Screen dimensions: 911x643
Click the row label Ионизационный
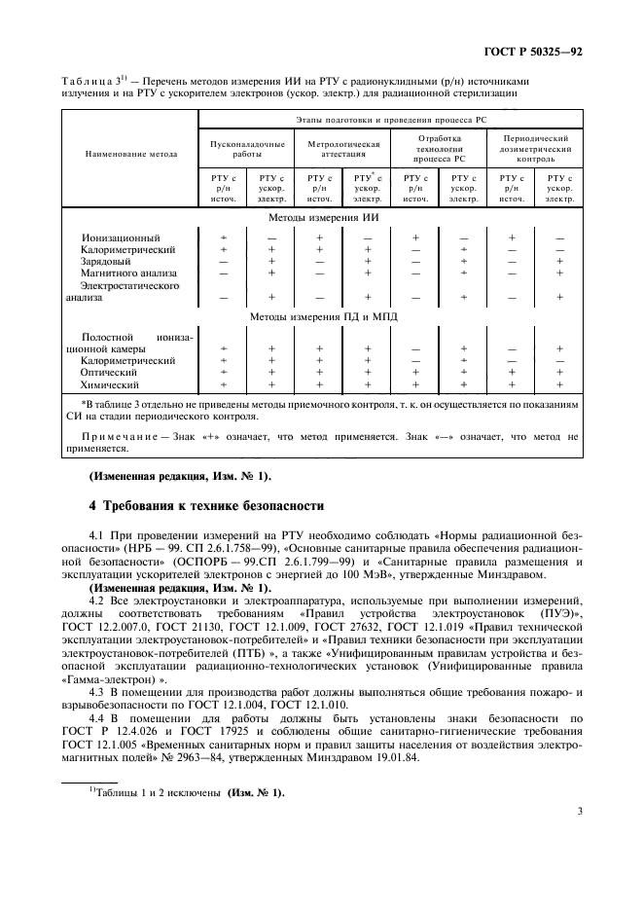120,237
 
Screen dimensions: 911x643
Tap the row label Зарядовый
108,261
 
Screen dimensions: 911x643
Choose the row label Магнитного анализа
128,273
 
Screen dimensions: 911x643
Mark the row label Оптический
108,373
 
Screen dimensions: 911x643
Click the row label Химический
109,385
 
